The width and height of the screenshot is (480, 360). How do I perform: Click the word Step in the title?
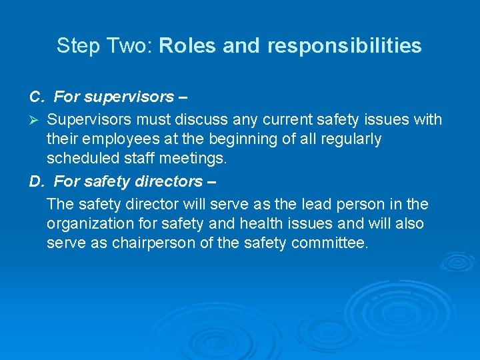(x=73, y=46)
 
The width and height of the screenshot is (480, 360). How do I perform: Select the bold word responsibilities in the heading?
(x=345, y=46)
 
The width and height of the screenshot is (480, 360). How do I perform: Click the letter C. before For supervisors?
(x=37, y=97)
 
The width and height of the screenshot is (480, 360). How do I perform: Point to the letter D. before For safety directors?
(x=37, y=181)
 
